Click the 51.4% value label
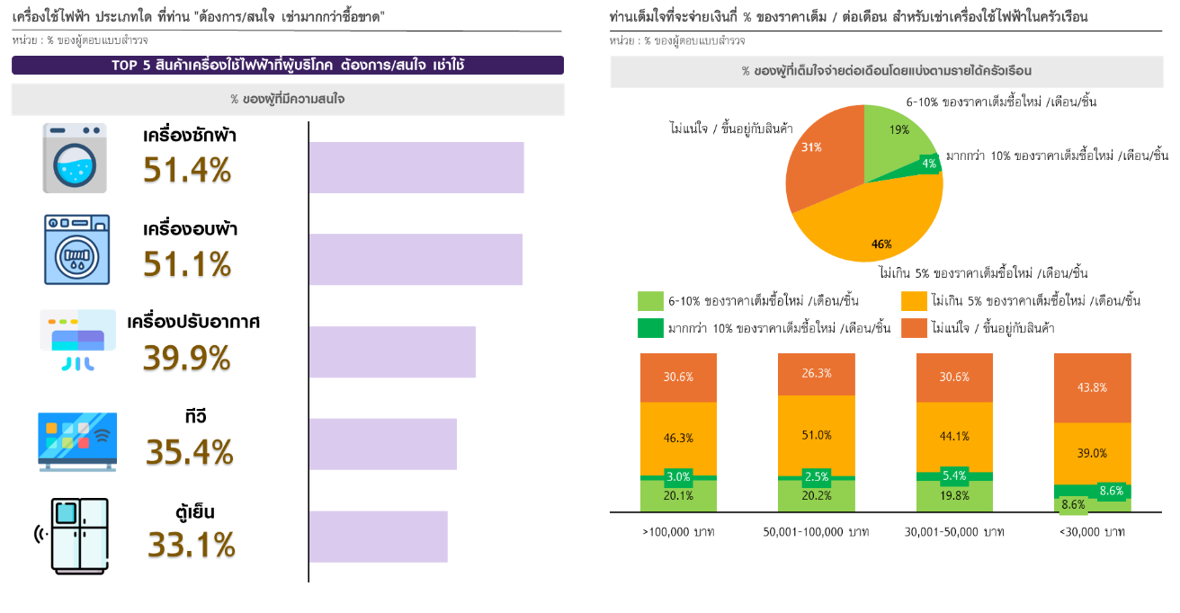pyautogui.click(x=187, y=171)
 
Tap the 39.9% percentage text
pyautogui.click(x=187, y=360)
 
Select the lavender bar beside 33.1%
pyautogui.click(x=378, y=537)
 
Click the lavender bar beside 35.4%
pyautogui.click(x=383, y=444)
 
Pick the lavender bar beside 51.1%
pyautogui.click(x=416, y=260)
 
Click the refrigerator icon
pyautogui.click(x=80, y=536)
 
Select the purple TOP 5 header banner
pyautogui.click(x=288, y=66)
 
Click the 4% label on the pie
pyautogui.click(x=929, y=164)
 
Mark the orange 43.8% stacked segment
pyautogui.click(x=1092, y=387)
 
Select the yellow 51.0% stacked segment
pyautogui.click(x=816, y=435)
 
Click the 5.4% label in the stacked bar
pyautogui.click(x=954, y=475)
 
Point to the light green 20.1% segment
pyautogui.click(x=678, y=496)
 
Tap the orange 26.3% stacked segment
pyautogui.click(x=816, y=374)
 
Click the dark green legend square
pyautogui.click(x=650, y=328)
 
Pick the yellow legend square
pyautogui.click(x=914, y=301)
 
